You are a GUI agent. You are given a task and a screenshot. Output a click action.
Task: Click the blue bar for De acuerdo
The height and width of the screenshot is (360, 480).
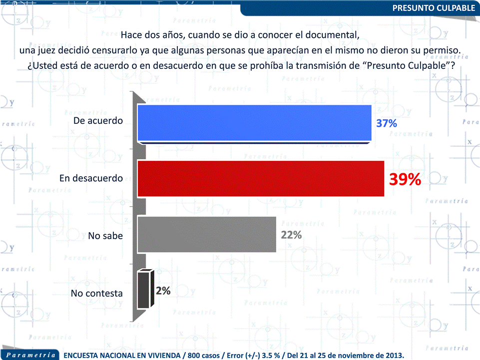[254, 123]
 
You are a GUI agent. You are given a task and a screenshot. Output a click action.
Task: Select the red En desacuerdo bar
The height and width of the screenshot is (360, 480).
[260, 178]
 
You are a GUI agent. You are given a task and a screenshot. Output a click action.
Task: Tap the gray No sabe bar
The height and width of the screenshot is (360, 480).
[206, 234]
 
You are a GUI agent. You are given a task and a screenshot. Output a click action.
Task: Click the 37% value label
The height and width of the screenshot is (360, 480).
[387, 124]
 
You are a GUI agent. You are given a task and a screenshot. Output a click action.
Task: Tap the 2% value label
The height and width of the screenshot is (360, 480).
[163, 291]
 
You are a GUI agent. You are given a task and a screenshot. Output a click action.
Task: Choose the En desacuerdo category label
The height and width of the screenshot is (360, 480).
[91, 178]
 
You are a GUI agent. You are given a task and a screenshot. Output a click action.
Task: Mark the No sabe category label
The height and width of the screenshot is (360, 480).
[105, 236]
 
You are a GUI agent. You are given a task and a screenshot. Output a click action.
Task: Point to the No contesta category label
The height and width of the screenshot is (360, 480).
[96, 293]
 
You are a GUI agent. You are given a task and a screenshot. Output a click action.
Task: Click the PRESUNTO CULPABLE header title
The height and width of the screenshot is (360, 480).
[433, 8]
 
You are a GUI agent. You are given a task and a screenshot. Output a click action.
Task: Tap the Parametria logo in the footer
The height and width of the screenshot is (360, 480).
[30, 355]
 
